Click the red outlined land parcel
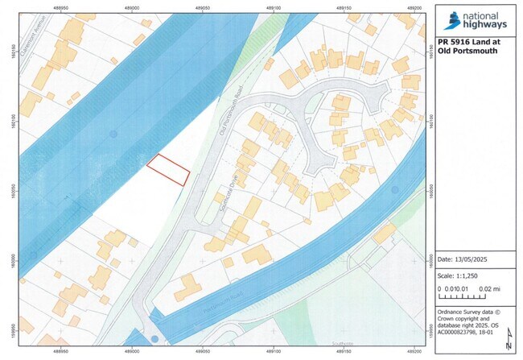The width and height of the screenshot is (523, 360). (x=168, y=169)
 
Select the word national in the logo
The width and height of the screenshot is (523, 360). (x=481, y=14)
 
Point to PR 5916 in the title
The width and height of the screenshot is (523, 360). (x=455, y=41)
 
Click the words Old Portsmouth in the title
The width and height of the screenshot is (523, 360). (x=467, y=51)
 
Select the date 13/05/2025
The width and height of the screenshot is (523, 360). (x=475, y=259)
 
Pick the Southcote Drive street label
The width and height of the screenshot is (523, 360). (x=221, y=192)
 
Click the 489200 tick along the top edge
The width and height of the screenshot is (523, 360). (x=416, y=7)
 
